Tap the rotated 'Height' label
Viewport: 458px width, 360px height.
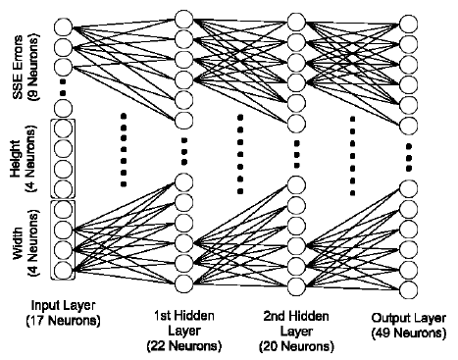click(x=15, y=156)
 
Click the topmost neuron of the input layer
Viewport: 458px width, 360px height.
click(x=64, y=27)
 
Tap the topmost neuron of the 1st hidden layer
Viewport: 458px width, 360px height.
click(x=183, y=18)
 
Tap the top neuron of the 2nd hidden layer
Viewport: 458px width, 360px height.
click(x=292, y=18)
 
